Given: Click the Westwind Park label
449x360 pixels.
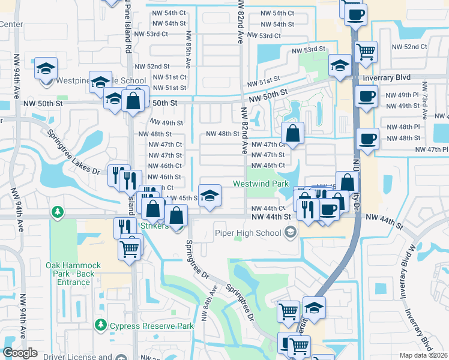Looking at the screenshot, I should pos(261,184).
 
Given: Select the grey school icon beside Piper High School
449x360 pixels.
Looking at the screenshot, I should pos(291,232).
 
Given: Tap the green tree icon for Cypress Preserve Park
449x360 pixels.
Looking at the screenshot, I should pos(100,326).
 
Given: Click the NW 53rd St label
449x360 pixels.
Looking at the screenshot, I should pos(308,49).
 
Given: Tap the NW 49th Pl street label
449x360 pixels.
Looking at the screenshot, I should pos(402,95).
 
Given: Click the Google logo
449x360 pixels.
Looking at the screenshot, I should pos(20,353).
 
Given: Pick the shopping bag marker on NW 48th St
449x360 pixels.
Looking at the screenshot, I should pos(292,134).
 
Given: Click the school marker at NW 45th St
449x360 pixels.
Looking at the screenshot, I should pos(209,197).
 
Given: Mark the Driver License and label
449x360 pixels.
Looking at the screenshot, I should pos(77,356).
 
